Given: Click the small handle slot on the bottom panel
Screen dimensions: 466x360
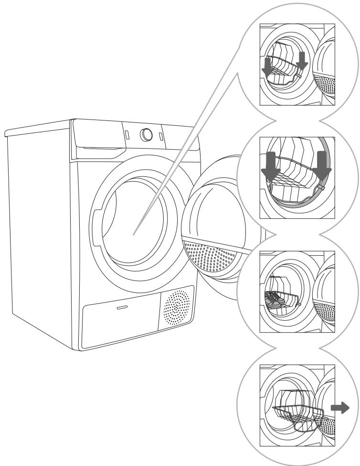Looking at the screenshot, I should coord(123,308).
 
